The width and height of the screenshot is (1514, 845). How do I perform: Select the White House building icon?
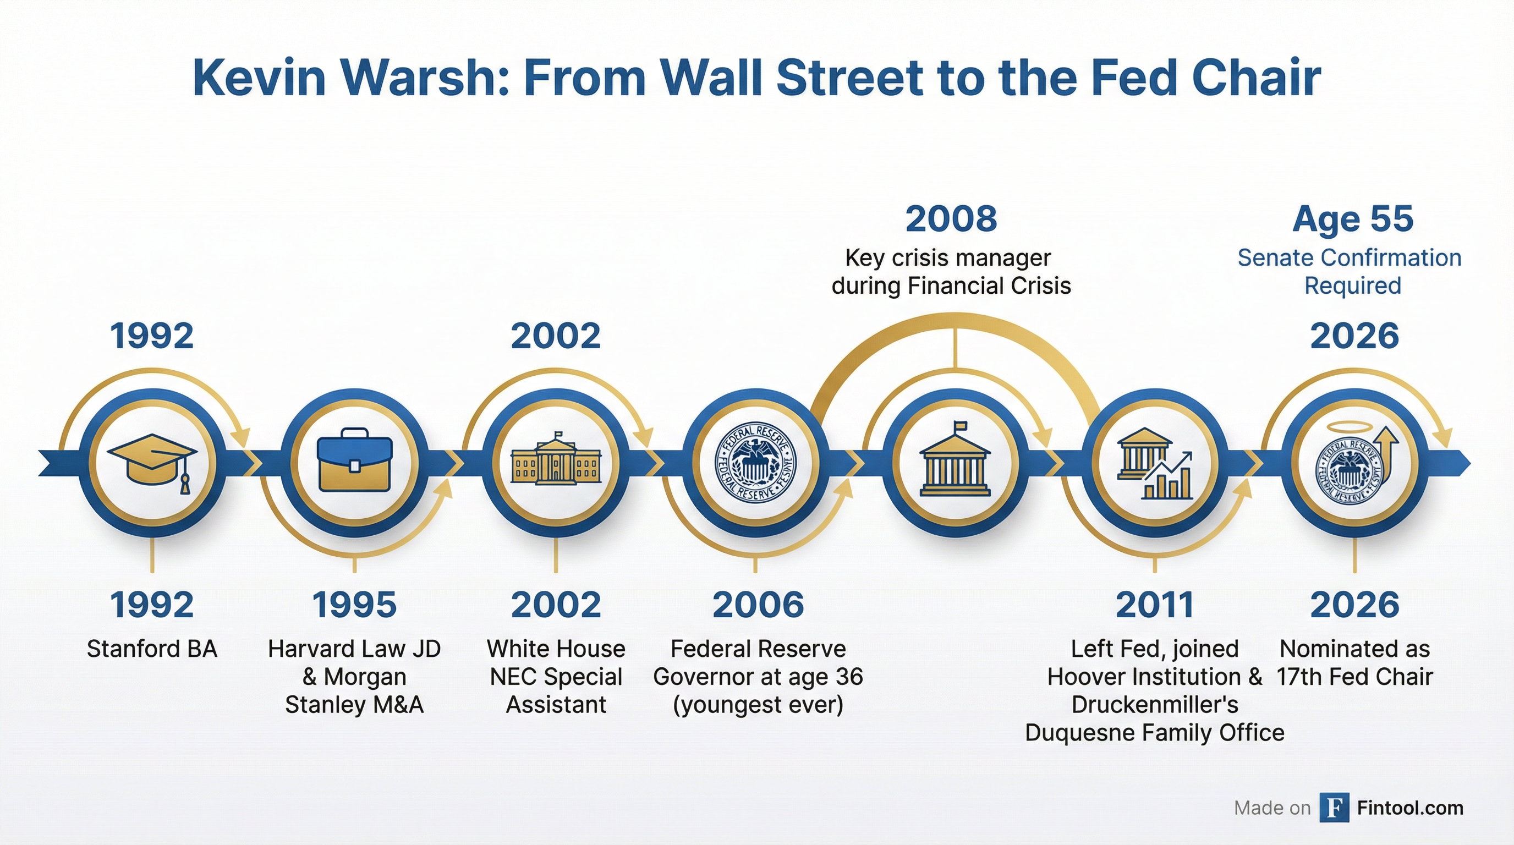click(x=556, y=461)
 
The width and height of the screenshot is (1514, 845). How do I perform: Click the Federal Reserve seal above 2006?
click(x=755, y=463)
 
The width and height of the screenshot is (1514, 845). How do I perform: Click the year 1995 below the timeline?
click(x=354, y=605)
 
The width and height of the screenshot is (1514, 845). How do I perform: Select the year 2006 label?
click(x=758, y=605)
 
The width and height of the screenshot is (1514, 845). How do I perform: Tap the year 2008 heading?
click(x=951, y=218)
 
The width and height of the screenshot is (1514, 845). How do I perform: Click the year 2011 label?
click(x=1155, y=605)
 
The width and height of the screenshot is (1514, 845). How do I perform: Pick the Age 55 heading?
click(x=1353, y=218)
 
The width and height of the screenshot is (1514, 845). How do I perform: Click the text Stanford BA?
click(x=152, y=649)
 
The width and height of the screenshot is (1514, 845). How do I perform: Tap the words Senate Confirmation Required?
click(x=1350, y=271)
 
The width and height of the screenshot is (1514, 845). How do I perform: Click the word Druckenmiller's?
click(x=1155, y=704)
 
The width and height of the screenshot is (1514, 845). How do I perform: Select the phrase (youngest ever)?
click(x=758, y=704)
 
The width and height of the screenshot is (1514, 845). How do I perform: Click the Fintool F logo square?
click(x=1334, y=808)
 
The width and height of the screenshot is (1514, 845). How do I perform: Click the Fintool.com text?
click(x=1410, y=808)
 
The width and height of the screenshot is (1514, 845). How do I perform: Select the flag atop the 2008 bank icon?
click(x=958, y=426)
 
